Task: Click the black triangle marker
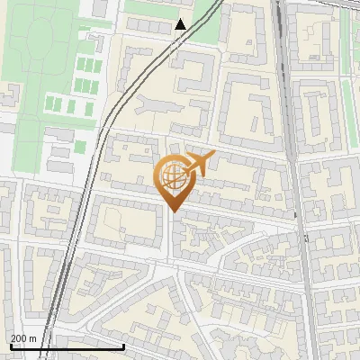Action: (x=181, y=24)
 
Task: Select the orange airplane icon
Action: (x=200, y=163)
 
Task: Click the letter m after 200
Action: (x=33, y=338)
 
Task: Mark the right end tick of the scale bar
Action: (x=123, y=346)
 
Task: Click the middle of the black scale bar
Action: (x=67, y=346)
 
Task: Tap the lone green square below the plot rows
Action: (x=80, y=146)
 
